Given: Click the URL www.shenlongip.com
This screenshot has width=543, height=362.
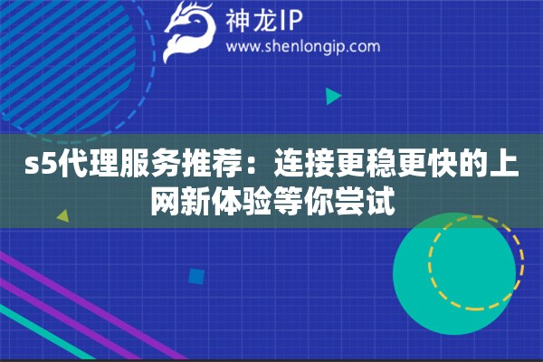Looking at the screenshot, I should click(x=302, y=46).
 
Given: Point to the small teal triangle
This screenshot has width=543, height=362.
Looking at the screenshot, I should click(x=333, y=95).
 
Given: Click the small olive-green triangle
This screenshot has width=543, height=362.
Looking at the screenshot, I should click(x=62, y=217).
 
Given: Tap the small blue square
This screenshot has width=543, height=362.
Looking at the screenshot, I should click(x=195, y=275).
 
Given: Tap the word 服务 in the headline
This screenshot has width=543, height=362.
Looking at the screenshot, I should click(x=138, y=167).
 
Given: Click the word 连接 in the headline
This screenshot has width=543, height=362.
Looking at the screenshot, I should click(x=289, y=167).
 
